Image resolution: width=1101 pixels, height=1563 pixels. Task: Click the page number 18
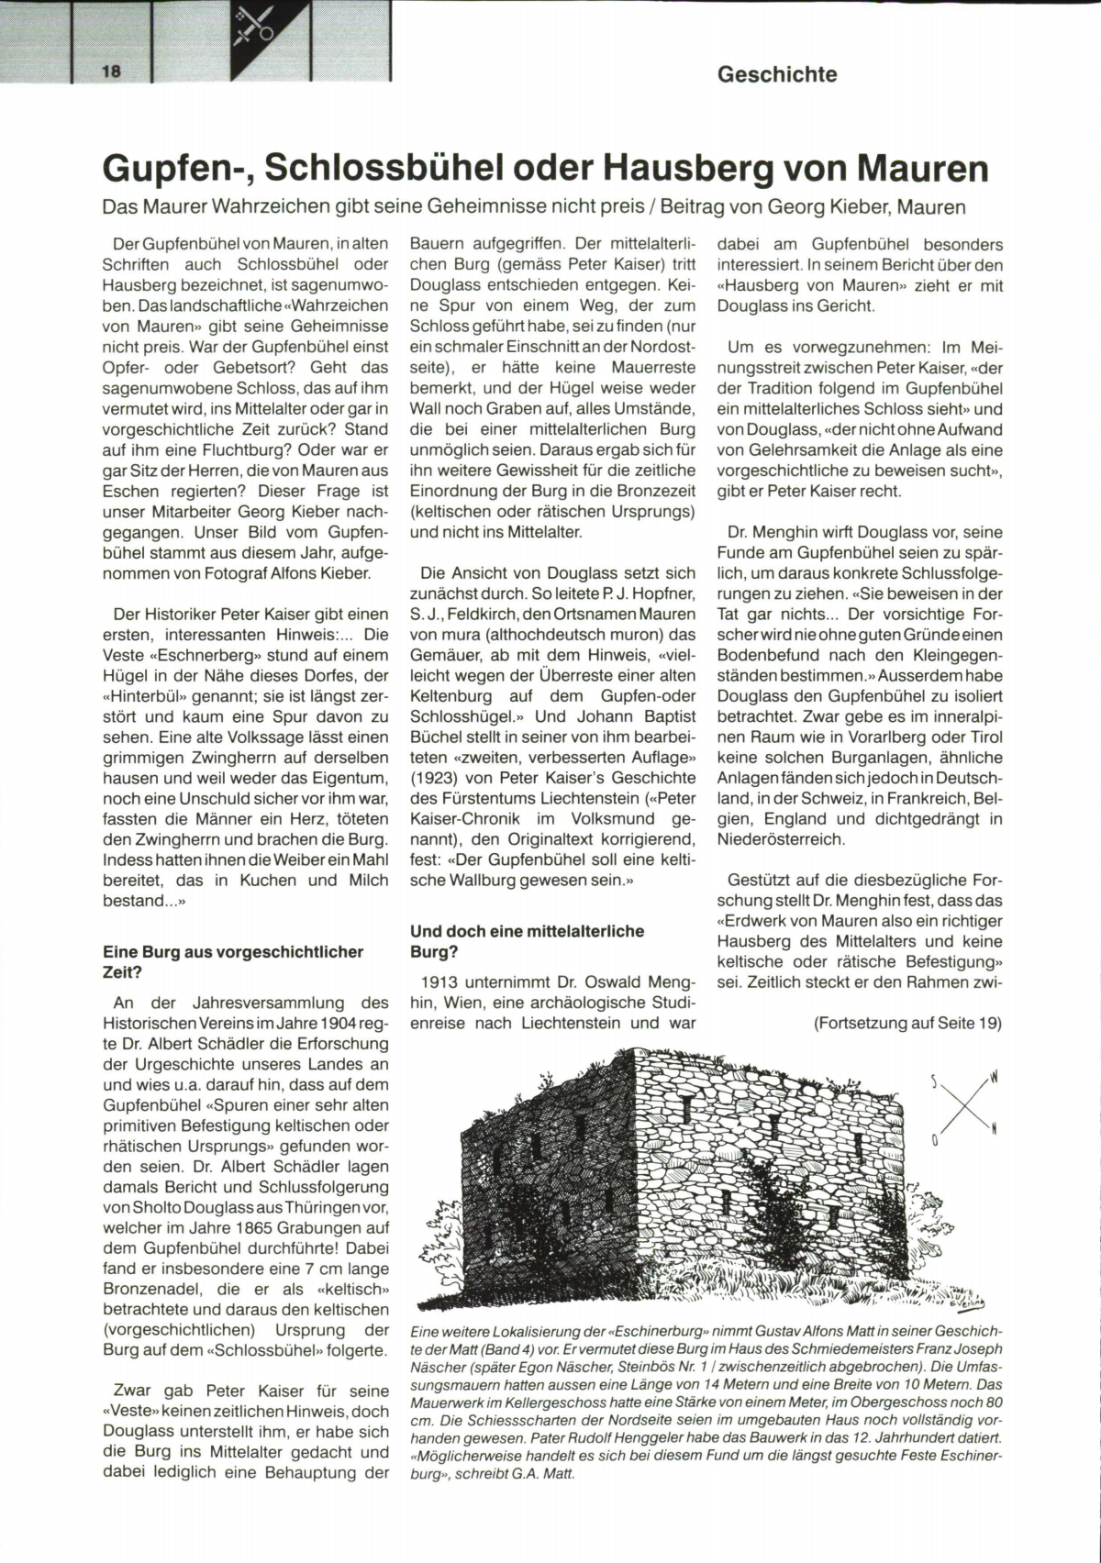click(112, 71)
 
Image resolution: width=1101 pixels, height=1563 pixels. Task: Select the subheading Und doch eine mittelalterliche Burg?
click(527, 941)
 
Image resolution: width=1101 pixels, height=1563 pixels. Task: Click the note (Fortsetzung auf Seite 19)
click(907, 1023)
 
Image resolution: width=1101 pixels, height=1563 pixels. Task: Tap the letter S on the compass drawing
click(936, 1082)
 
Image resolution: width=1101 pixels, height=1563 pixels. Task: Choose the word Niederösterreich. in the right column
click(780, 839)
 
